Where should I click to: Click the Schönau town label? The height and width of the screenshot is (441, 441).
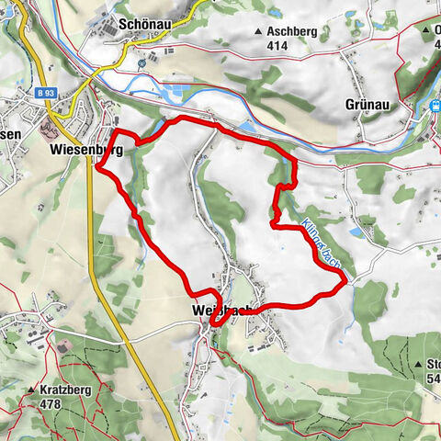(147, 25)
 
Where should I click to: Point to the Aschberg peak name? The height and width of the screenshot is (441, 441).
(293, 31)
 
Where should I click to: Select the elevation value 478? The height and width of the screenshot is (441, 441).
(55, 402)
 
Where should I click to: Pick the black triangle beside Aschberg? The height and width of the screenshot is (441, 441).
(258, 32)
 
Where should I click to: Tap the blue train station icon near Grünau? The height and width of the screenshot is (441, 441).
(434, 106)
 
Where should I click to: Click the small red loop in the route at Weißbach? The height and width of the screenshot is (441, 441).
(218, 318)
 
